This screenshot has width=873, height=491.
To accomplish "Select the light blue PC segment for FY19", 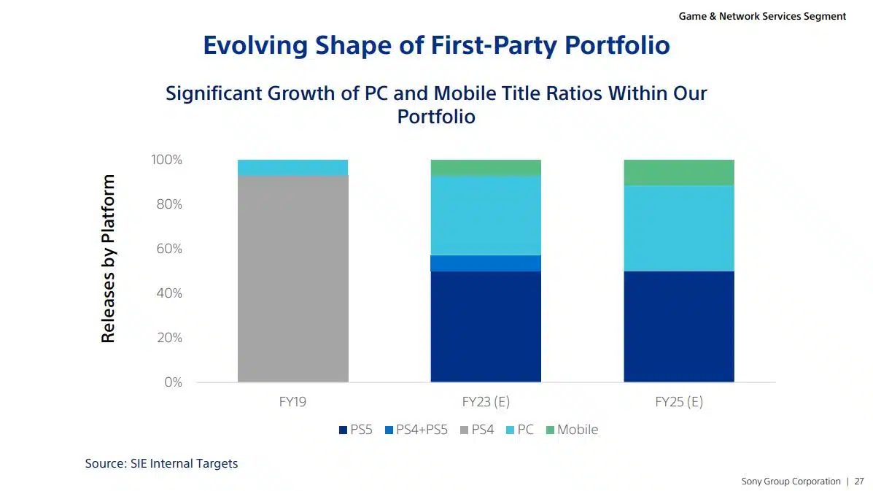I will [x=292, y=167].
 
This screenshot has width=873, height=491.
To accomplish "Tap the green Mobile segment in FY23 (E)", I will [x=486, y=167].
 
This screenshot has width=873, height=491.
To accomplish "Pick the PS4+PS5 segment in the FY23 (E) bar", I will [x=486, y=263].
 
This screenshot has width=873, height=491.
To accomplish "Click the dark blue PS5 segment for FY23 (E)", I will [x=486, y=326].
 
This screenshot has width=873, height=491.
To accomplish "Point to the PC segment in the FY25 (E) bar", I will [x=678, y=228].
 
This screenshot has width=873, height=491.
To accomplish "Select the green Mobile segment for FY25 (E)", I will [x=678, y=172].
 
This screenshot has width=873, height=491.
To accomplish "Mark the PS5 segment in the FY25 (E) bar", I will [x=678, y=326].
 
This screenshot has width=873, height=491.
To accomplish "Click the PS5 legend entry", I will [x=355, y=430].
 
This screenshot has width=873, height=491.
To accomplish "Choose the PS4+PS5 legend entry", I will [x=416, y=430].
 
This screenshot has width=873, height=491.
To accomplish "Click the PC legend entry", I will [x=519, y=430].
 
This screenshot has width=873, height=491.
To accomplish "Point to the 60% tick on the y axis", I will [x=169, y=249].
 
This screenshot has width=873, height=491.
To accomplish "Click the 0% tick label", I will [x=173, y=382].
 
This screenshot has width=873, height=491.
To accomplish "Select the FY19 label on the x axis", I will [x=292, y=402].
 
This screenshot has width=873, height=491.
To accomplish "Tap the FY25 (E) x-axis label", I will [x=678, y=402].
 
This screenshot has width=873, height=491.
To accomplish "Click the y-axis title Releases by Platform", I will [x=108, y=259].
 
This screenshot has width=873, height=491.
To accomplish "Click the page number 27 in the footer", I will [x=859, y=482].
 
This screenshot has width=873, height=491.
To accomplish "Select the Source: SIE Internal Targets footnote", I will [x=161, y=463].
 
